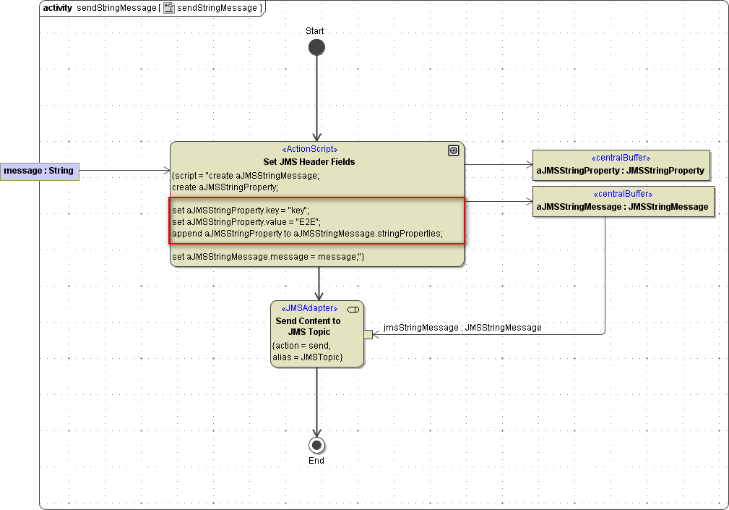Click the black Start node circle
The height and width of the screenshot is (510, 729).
point(316,48)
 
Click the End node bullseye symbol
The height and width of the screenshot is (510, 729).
point(316,445)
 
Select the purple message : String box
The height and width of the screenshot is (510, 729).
point(39,171)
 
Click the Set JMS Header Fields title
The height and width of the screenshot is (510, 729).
point(309,161)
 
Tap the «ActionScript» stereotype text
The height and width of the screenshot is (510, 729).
point(309,149)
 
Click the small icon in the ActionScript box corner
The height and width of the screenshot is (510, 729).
point(453,150)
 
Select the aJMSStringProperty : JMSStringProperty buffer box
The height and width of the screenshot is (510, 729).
point(621,165)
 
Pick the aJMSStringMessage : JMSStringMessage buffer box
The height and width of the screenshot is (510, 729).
point(623,201)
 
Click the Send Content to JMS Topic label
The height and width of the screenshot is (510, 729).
point(308,326)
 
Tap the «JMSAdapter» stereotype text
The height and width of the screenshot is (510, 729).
point(309,308)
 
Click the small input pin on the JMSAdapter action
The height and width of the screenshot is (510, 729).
point(368,334)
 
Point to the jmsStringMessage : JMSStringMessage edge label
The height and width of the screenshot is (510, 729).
point(462,328)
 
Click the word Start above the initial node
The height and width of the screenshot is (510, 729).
point(315,31)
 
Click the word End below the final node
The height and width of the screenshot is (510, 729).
point(316,461)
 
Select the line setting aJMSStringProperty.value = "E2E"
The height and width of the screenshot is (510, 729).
point(246,221)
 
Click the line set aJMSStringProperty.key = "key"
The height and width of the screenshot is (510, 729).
point(241,210)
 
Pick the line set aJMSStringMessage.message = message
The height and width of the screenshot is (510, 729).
point(268,257)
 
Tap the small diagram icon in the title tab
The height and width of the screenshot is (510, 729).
point(169,8)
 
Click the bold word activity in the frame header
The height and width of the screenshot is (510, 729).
point(57,8)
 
